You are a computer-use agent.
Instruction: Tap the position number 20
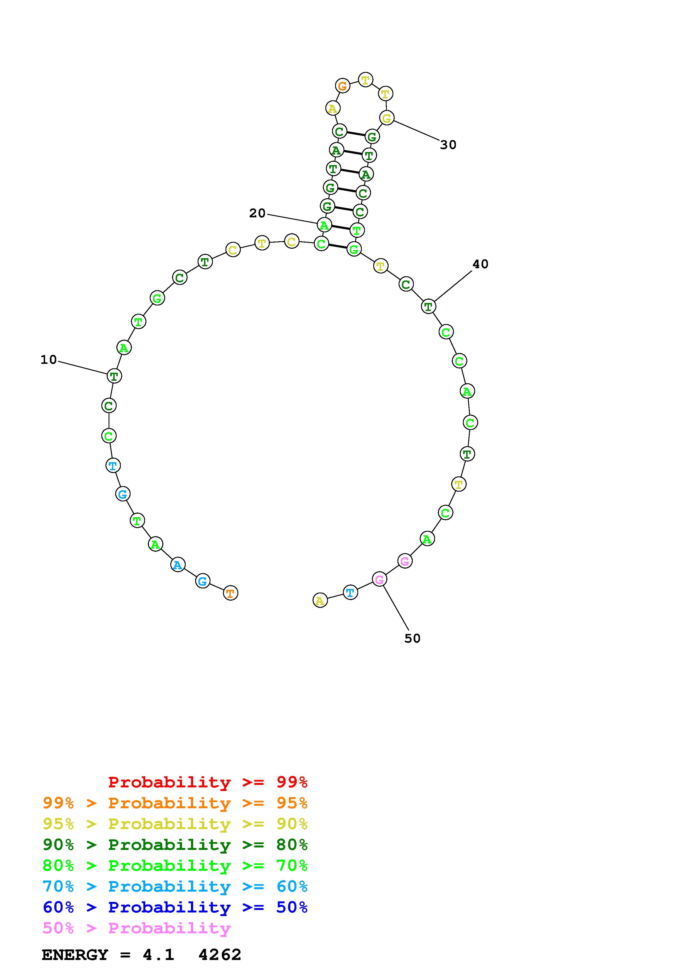pos(257,213)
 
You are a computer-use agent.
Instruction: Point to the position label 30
pos(448,145)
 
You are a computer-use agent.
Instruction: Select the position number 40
pos(480,264)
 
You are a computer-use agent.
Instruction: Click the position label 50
pos(412,638)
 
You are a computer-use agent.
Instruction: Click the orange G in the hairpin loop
pos(342,86)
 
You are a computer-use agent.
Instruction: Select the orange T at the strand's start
pos(230,593)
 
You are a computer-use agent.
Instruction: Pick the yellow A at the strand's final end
pos(320,600)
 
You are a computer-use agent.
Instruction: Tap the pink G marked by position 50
pos(379,579)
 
